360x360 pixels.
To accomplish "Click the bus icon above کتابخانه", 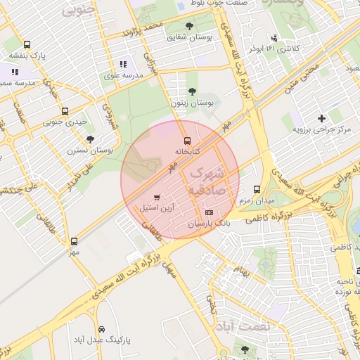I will [186, 140].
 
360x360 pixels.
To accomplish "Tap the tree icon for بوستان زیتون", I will [193, 91].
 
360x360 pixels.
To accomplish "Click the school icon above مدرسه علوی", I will [124, 64].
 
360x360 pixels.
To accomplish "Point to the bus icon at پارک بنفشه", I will [27, 44].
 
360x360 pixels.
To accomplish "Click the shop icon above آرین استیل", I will [156, 197].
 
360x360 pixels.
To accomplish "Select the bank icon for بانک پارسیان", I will [208, 212].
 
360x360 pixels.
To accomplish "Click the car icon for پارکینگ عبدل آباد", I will [101, 329].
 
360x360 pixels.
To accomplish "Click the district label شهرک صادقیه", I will [207, 179].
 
